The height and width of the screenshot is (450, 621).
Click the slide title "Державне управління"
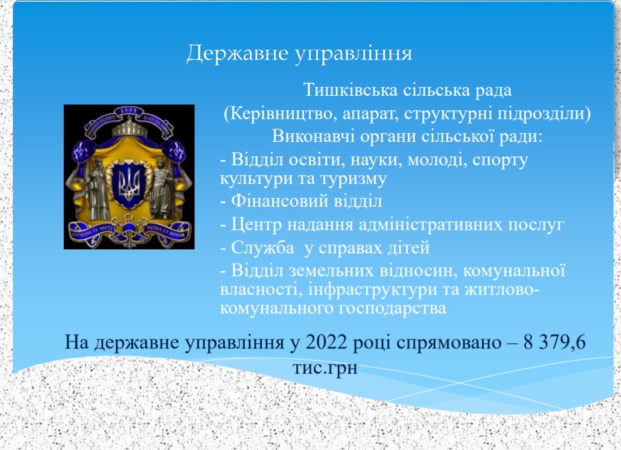point(300,53)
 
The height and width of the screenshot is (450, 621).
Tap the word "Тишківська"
point(350,90)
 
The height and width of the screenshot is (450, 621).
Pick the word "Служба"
point(262,247)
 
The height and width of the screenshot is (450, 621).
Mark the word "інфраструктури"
point(372,289)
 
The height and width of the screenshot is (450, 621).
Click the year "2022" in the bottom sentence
point(327,342)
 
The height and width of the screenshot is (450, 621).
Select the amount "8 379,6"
point(554,343)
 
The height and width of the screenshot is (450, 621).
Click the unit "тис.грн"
point(325,368)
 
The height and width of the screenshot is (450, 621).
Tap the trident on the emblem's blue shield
point(129,184)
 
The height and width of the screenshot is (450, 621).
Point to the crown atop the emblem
point(130,126)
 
